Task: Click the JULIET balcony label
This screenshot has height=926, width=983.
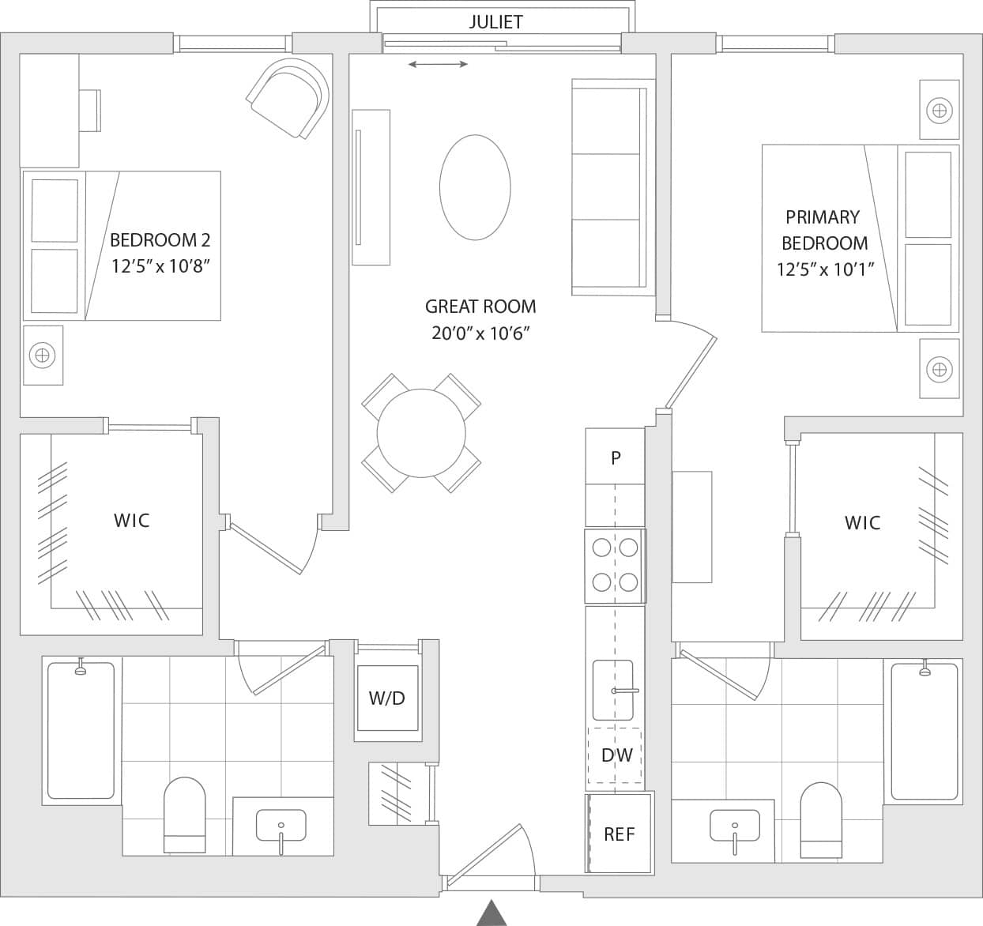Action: click(495, 21)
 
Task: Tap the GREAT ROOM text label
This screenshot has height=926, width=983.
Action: click(480, 307)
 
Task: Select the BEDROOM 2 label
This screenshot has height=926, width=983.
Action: click(160, 240)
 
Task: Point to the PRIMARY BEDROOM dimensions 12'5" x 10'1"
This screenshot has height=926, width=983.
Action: click(825, 269)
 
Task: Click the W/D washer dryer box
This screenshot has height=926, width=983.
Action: click(386, 698)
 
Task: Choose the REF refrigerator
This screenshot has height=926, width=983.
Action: click(619, 834)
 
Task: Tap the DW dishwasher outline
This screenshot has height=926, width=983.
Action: click(616, 755)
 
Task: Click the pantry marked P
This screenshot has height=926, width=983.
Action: click(615, 457)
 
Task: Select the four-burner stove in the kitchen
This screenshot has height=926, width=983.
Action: click(615, 565)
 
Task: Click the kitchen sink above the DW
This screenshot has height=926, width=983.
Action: click(613, 680)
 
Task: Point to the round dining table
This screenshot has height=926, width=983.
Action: click(421, 433)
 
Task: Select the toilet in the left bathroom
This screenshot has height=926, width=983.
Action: click(184, 814)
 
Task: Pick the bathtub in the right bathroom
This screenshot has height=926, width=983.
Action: click(924, 732)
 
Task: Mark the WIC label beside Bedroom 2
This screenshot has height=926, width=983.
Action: click(131, 521)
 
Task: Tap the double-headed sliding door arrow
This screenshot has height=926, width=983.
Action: click(439, 64)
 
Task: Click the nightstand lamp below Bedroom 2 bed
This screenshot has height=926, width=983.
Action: click(43, 356)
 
